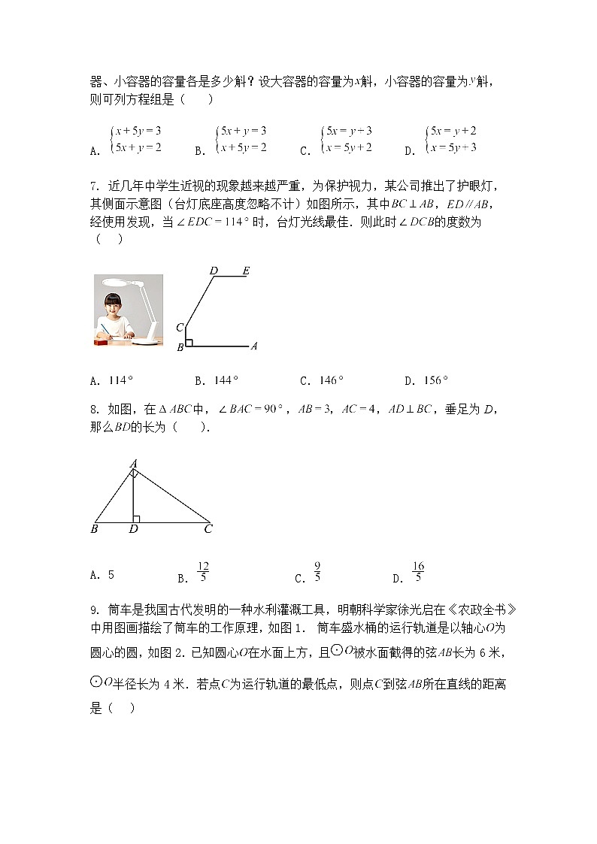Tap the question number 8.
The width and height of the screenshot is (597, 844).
[x=94, y=410]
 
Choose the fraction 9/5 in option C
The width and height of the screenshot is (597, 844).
[x=317, y=572]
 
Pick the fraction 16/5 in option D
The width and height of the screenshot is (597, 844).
[x=418, y=572]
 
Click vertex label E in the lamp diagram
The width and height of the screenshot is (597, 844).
[x=245, y=271]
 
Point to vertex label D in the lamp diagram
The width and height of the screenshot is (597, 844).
[x=214, y=271]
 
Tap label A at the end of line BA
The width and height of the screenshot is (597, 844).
[x=254, y=346]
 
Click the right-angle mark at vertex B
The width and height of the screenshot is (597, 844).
[x=189, y=343]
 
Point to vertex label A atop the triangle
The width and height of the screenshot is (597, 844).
[x=132, y=464]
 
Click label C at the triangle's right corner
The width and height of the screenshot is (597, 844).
[x=208, y=529]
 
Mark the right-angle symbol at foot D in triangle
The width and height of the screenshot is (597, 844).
[x=136, y=518]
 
